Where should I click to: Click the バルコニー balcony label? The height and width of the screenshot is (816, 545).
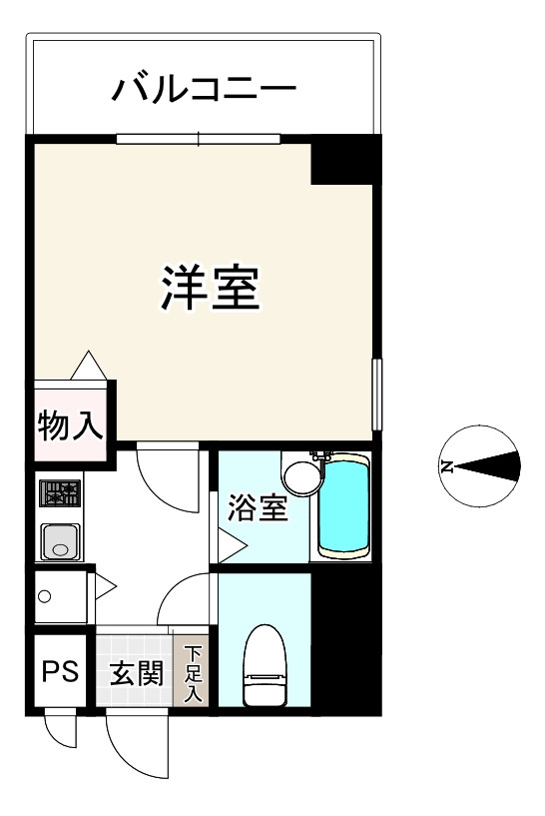[204, 91]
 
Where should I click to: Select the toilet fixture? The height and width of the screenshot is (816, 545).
[266, 663]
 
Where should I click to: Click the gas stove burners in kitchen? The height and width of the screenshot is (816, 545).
[60, 492]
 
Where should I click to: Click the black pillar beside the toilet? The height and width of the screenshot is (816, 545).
[345, 639]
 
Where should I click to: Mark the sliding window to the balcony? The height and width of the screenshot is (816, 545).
[199, 139]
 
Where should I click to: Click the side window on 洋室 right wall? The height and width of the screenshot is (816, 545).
[377, 395]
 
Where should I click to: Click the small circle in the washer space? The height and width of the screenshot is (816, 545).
[44, 597]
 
